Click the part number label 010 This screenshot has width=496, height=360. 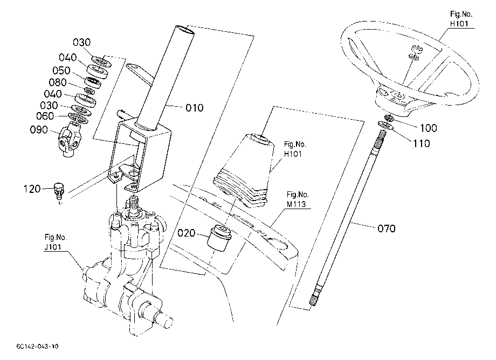pyautogui.click(x=194, y=108)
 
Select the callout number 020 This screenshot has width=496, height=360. pyautogui.click(x=187, y=233)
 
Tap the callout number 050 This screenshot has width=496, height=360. pyautogui.click(x=61, y=71)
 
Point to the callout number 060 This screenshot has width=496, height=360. pyautogui.click(x=45, y=116)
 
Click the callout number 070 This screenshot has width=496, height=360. pyautogui.click(x=387, y=228)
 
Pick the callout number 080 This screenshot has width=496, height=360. pyautogui.click(x=58, y=82)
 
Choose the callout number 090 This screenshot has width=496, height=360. pyautogui.click(x=39, y=129)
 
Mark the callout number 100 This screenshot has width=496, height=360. pyautogui.click(x=429, y=128)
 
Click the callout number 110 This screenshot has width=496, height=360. pyautogui.click(x=422, y=144)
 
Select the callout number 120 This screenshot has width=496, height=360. pyautogui.click(x=32, y=189)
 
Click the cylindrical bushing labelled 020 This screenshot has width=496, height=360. pyautogui.click(x=218, y=238)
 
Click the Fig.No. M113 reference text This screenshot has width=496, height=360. pyautogui.click(x=298, y=199)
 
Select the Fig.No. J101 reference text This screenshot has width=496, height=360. pyautogui.click(x=56, y=242)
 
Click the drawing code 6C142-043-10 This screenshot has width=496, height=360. pyautogui.click(x=37, y=347)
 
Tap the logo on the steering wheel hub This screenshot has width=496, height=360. pyautogui.click(x=398, y=95)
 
